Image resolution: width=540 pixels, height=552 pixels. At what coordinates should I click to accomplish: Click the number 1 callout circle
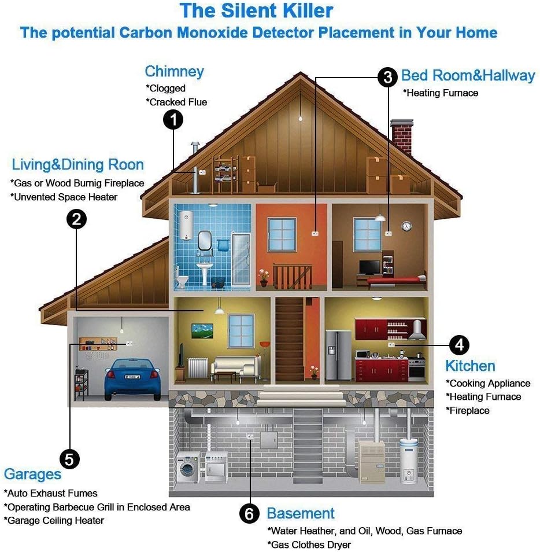[173, 120]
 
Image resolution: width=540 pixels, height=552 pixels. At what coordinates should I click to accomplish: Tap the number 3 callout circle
[387, 77]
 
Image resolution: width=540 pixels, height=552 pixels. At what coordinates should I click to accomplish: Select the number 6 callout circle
[249, 514]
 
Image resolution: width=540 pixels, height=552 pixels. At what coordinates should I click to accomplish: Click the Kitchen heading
[471, 366]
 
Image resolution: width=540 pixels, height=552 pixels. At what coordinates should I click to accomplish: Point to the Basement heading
[301, 513]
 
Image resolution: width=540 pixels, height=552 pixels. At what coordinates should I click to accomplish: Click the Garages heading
[33, 474]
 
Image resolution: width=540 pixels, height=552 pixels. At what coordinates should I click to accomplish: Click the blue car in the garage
[132, 379]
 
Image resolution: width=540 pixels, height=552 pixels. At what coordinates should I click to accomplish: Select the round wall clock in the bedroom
[406, 226]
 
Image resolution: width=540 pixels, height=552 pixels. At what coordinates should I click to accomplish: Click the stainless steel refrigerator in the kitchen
[338, 355]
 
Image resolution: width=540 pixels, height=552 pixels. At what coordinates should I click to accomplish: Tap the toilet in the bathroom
[181, 278]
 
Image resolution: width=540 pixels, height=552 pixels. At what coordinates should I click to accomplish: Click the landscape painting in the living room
[202, 330]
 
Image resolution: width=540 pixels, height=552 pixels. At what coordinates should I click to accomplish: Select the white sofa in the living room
[236, 368]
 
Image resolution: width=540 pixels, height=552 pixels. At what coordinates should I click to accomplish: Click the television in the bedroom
[369, 267]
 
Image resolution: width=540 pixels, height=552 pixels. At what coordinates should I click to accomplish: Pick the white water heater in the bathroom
[186, 225]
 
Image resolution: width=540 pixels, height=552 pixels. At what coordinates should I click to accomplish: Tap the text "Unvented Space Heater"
[64, 197]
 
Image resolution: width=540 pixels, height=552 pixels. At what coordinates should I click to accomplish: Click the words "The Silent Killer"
[256, 10]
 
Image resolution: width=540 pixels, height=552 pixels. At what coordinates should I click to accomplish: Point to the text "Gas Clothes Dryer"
[309, 544]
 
